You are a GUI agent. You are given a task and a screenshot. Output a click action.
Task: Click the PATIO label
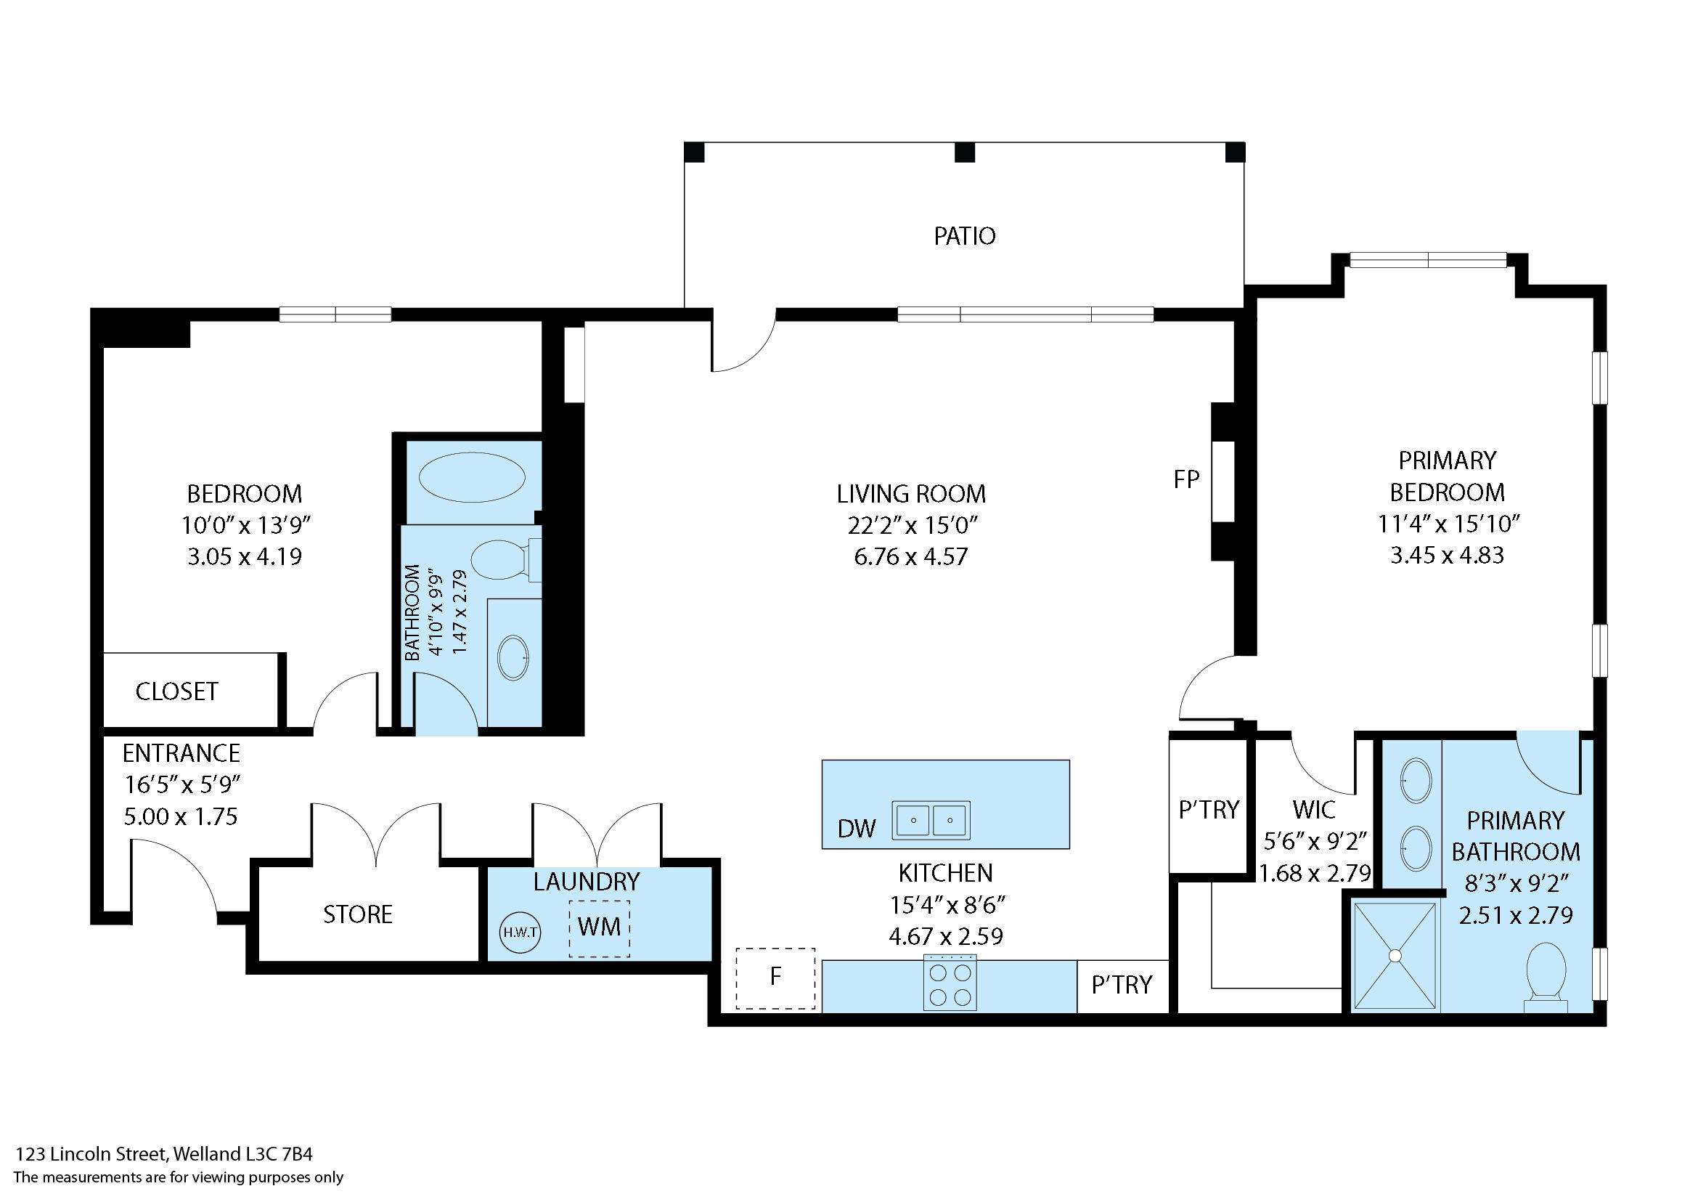tap(964, 236)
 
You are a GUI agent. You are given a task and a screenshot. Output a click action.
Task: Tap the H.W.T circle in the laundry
tap(520, 932)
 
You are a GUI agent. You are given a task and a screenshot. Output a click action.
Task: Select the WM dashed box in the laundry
tap(600, 929)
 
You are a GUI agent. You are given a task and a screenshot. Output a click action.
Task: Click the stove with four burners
tap(950, 982)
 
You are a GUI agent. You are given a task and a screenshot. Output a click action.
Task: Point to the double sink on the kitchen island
tap(931, 820)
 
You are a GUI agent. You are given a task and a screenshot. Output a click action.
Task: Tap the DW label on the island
tap(857, 828)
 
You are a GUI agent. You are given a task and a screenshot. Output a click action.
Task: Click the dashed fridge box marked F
tap(775, 978)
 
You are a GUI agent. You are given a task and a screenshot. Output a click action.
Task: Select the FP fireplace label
tap(1186, 479)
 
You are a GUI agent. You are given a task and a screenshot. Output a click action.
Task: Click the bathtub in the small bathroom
tap(472, 477)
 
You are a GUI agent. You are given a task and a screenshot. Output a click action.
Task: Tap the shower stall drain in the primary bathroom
tap(1395, 956)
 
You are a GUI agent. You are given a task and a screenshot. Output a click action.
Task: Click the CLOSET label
tap(177, 691)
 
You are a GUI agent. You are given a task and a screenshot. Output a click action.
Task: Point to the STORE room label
tap(358, 914)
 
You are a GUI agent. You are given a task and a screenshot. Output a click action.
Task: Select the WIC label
tap(1314, 809)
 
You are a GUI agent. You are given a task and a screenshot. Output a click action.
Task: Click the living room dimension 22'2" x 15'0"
tap(913, 525)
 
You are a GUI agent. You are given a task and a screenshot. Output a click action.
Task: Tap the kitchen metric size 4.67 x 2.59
tap(946, 936)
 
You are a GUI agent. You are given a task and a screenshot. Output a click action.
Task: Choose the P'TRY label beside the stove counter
tap(1122, 984)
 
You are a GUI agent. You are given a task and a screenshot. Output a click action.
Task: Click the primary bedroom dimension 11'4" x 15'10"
tap(1448, 524)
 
